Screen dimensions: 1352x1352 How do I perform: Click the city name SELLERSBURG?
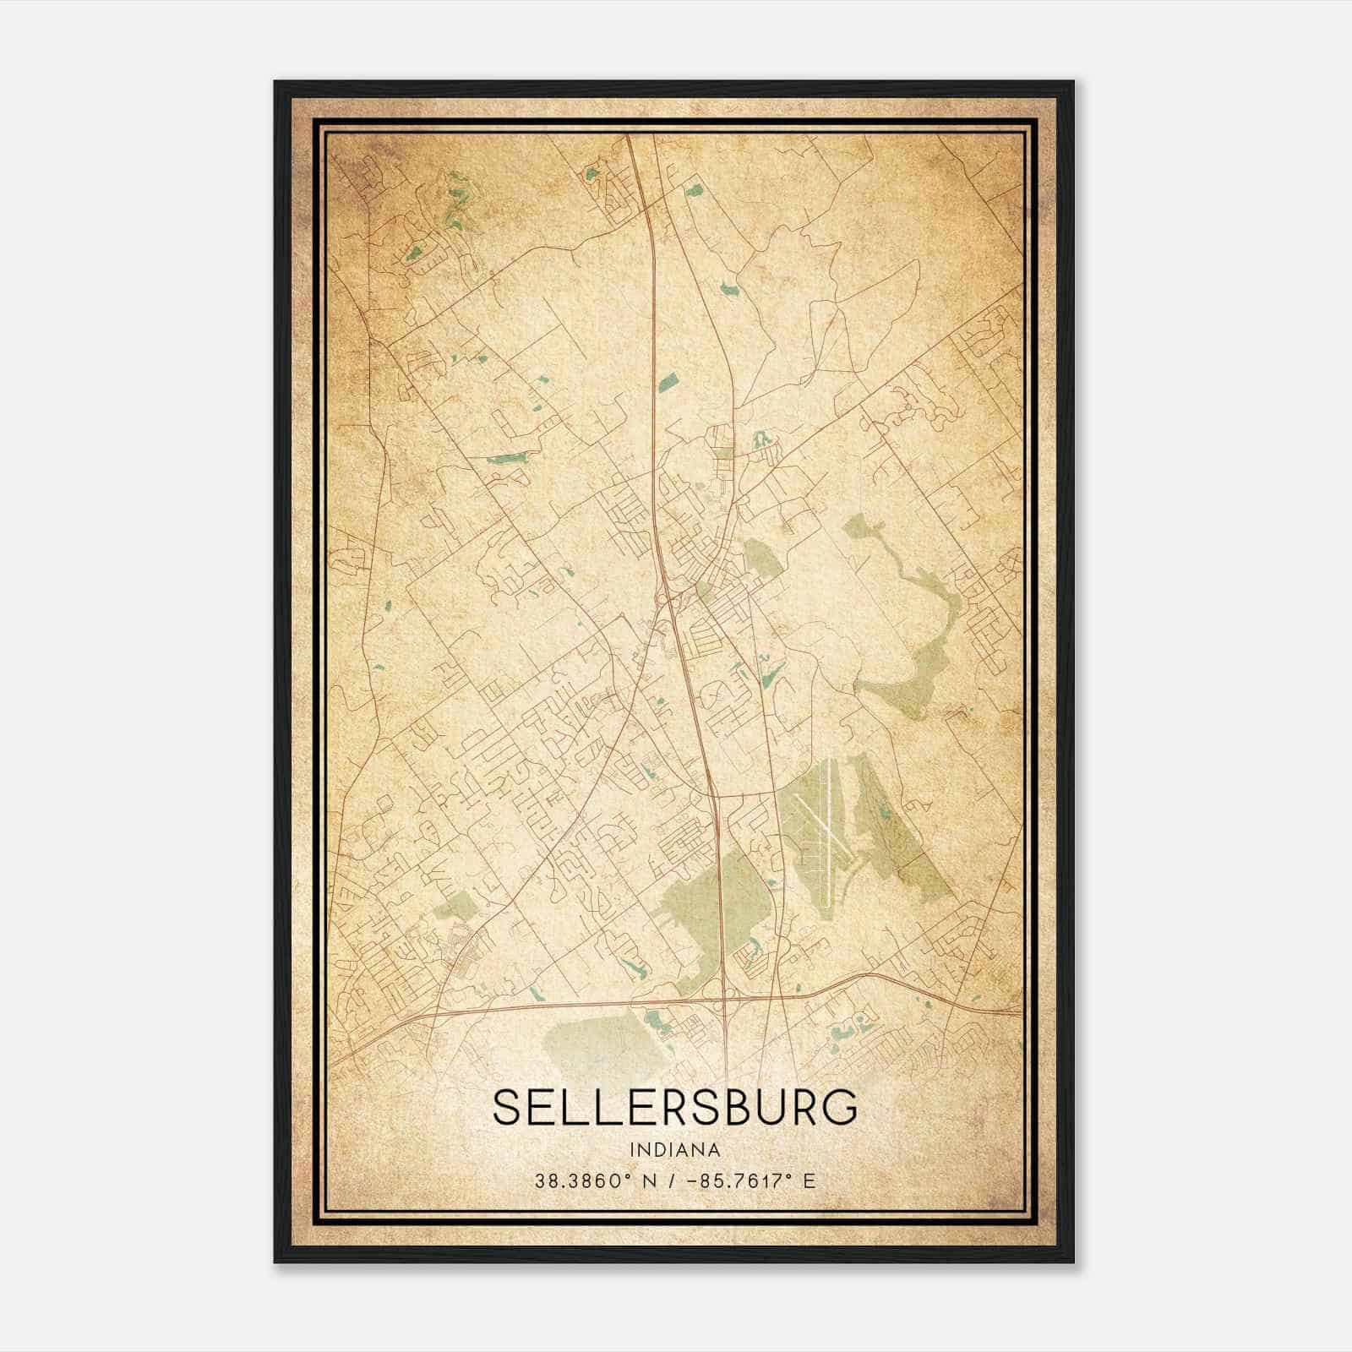coord(674,1108)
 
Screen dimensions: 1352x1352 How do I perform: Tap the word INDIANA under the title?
coord(674,1150)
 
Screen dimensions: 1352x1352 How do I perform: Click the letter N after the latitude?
coord(650,1180)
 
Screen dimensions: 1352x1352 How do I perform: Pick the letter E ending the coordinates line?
coord(809,1180)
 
